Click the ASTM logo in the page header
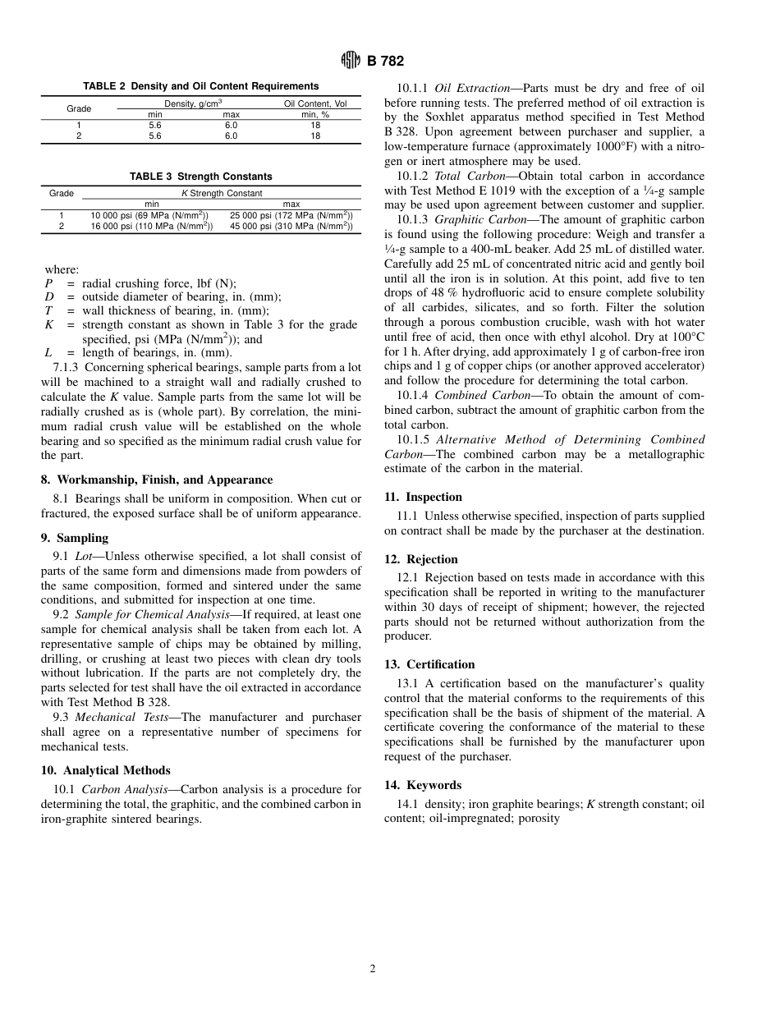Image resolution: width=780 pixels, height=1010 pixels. tap(351, 61)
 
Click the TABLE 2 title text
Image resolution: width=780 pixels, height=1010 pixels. tap(201, 86)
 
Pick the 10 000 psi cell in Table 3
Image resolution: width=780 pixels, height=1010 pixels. tap(149, 215)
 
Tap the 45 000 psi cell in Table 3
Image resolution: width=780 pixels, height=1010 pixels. tap(291, 226)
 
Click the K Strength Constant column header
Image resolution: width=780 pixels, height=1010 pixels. tap(222, 194)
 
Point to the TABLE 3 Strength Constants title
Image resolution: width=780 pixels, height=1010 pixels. tap(201, 177)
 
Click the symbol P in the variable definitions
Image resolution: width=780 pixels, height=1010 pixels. tap(48, 283)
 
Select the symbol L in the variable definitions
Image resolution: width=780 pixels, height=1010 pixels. tap(48, 353)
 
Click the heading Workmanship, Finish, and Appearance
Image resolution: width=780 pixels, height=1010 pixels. tap(156, 480)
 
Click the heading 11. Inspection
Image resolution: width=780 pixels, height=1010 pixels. tap(423, 497)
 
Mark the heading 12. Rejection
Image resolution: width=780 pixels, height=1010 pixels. tap(420, 559)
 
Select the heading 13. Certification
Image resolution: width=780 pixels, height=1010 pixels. tap(429, 664)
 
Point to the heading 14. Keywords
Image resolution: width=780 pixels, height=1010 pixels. tap(423, 785)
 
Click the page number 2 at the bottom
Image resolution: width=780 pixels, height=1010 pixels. tap(373, 969)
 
